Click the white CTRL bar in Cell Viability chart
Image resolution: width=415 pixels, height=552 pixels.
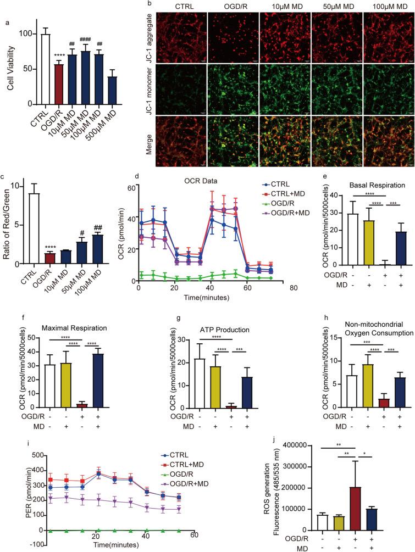46,69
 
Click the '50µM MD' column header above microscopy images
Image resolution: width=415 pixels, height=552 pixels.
337,8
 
